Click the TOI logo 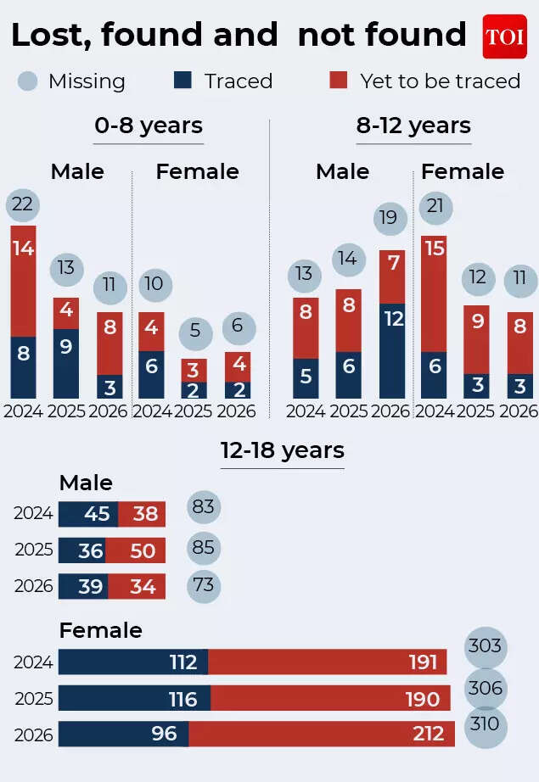[504, 36]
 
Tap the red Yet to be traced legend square [339, 81]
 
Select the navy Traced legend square [182, 81]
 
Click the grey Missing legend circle [28, 81]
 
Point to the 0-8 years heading [149, 126]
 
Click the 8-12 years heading [413, 126]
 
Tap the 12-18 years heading [282, 450]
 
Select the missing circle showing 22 [23, 204]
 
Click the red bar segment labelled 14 [23, 281]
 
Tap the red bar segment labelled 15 [434, 293]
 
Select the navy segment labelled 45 [87, 514]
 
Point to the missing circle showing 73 [204, 586]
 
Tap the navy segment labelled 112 [132, 662]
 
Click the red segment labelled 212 [322, 735]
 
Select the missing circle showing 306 [486, 688]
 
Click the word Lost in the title [49, 36]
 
